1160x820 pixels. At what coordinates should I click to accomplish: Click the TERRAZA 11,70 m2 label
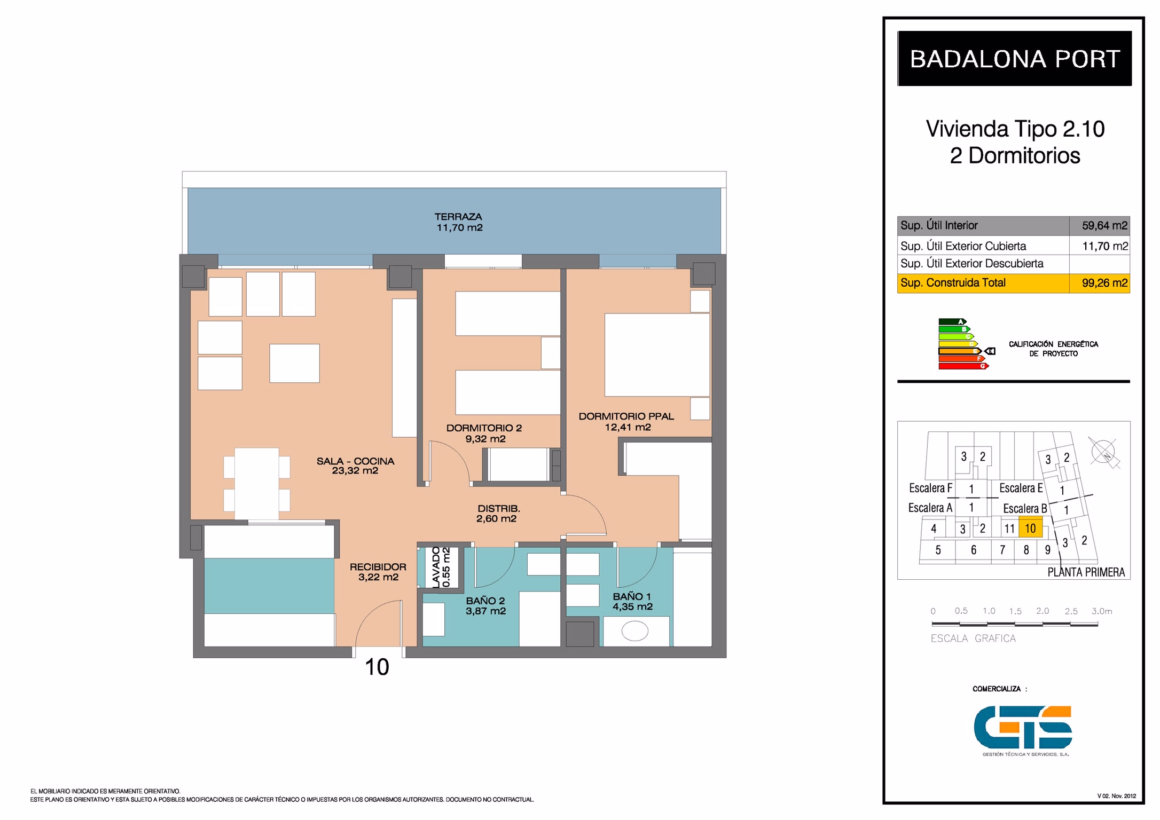(459, 222)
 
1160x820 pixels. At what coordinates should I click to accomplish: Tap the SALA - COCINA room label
(355, 466)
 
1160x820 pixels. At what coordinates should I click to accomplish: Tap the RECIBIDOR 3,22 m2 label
(378, 572)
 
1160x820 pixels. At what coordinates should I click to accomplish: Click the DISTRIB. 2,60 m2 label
(498, 513)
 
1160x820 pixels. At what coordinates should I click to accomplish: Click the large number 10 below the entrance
(377, 667)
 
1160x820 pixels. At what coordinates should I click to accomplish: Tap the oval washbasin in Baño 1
(634, 632)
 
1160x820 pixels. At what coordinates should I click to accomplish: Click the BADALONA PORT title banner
(1014, 58)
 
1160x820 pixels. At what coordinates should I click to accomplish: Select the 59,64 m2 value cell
(1100, 226)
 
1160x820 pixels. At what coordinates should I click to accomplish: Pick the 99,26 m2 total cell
(1100, 283)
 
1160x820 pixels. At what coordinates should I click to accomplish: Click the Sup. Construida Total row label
(953, 283)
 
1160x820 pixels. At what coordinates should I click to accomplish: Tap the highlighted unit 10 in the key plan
(1030, 528)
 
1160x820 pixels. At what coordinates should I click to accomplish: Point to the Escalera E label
(1021, 488)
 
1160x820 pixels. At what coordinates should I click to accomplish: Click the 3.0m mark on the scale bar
(1101, 611)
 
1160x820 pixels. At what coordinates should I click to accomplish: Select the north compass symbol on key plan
(1103, 453)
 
